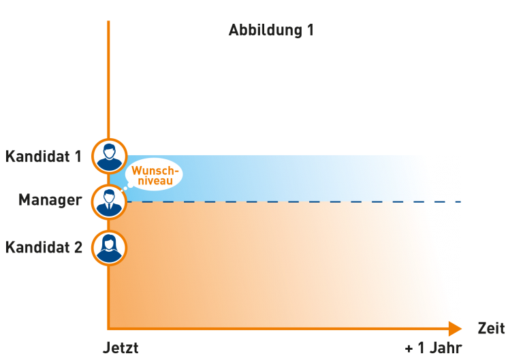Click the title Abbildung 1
click(271, 31)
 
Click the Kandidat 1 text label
click(44, 157)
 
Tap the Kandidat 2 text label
click(44, 247)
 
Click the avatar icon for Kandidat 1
click(108, 156)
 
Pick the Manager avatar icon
click(108, 201)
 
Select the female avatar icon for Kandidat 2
click(108, 246)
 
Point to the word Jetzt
click(121, 348)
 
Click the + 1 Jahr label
click(433, 348)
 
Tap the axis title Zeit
click(491, 329)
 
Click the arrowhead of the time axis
click(455, 329)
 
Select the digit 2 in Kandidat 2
click(78, 247)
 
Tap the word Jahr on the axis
click(446, 348)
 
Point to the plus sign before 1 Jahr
click(409, 348)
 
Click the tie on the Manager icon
click(108, 206)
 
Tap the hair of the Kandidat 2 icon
click(108, 239)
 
